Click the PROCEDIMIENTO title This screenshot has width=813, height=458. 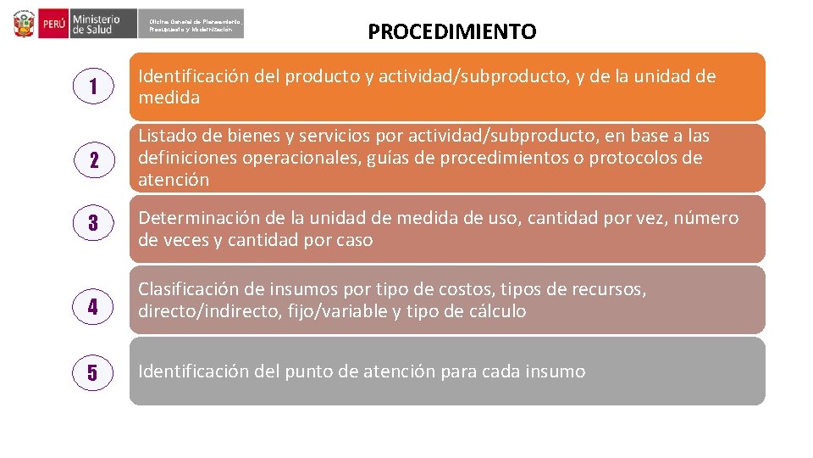point(451,32)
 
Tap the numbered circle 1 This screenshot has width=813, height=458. point(94,87)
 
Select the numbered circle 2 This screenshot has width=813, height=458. point(94,159)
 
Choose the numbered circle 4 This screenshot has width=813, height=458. point(94,307)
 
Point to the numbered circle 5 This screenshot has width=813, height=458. point(94,371)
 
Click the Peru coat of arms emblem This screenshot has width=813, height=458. point(25,23)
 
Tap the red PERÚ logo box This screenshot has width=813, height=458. point(53,24)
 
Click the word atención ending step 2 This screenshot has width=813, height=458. point(174,180)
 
